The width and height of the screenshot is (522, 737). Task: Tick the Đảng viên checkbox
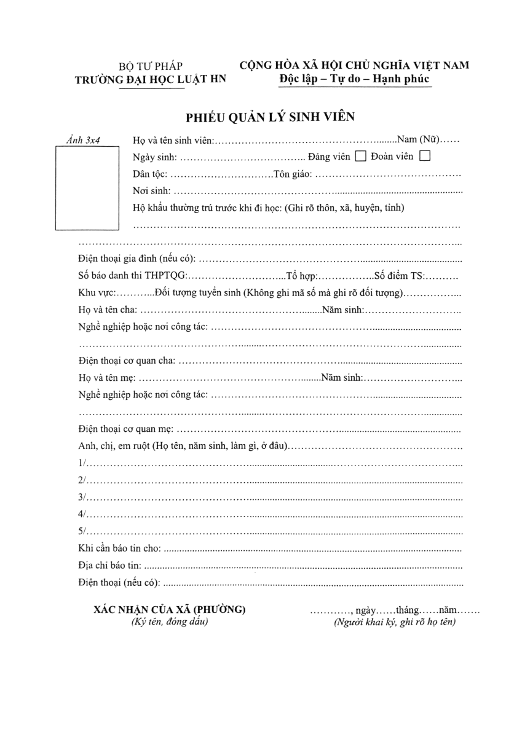point(361,157)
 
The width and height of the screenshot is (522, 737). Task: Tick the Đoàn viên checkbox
point(424,157)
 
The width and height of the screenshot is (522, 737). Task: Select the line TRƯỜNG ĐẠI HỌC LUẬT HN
point(151,79)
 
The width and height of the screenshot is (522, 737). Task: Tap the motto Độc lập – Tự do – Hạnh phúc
point(354,79)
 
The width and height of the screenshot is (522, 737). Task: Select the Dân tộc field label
point(149,174)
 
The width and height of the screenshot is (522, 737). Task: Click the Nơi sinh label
point(151,191)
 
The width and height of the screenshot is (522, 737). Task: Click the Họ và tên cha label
point(108,311)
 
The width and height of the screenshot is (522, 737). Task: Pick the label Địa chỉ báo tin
point(110,565)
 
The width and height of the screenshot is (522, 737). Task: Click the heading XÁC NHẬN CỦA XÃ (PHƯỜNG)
point(170,610)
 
